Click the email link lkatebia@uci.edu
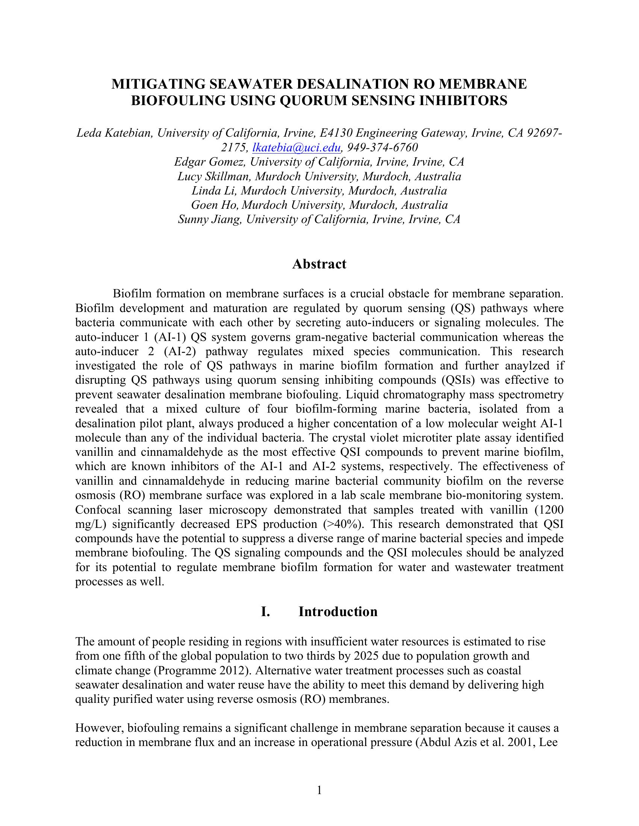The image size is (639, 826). pos(297,148)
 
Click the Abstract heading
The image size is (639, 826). pos(319,264)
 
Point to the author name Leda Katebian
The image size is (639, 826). pos(114,133)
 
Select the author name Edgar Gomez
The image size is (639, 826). pos(209,162)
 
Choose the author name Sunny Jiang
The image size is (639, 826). pos(209,219)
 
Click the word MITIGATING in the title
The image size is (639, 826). pos(158,84)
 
